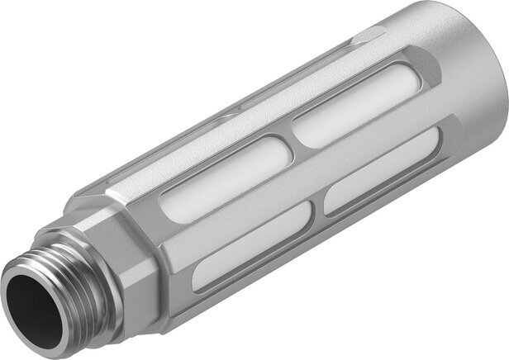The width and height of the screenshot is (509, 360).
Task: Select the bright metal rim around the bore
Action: tap(18, 281)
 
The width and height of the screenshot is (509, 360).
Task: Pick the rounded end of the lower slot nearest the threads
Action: tap(198, 277)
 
